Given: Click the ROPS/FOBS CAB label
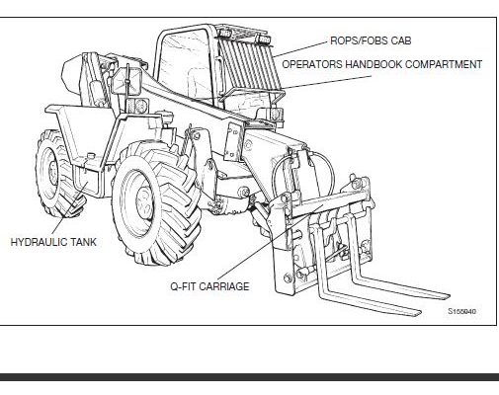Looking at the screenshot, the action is (x=371, y=40).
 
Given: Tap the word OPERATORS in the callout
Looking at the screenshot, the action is (x=312, y=64).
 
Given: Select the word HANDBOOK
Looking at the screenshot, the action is (x=374, y=64).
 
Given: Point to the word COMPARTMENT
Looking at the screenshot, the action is (x=444, y=64).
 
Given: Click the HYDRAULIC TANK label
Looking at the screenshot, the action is (x=53, y=242).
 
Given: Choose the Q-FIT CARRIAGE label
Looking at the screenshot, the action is (x=209, y=286).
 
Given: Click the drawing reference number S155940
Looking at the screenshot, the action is (x=461, y=311).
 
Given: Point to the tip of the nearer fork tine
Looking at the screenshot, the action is (x=419, y=313).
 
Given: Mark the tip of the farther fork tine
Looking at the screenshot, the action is (x=448, y=296).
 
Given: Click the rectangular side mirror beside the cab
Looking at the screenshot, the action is (x=126, y=82).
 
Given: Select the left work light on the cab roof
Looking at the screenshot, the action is (x=224, y=33).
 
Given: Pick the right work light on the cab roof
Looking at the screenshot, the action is (x=264, y=39).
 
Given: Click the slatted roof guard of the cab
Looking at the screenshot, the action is (x=249, y=61).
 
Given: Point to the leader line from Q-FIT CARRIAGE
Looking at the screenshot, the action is (x=270, y=242).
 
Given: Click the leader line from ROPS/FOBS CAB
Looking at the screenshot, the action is (x=301, y=49).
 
